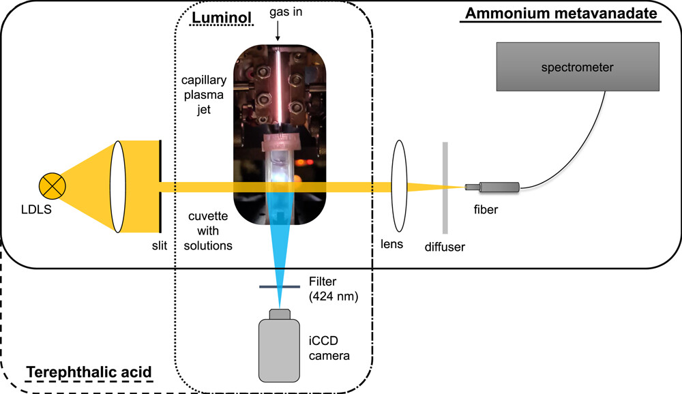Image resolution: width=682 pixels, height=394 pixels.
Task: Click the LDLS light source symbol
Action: (53, 184)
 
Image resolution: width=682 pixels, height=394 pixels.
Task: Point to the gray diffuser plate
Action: (445, 187)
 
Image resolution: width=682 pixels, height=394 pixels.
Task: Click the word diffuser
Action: (444, 247)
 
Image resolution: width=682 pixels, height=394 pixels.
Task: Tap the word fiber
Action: (487, 210)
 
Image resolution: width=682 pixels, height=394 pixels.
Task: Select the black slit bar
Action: (160, 186)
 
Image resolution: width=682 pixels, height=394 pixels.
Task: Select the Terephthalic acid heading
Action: (89, 372)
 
